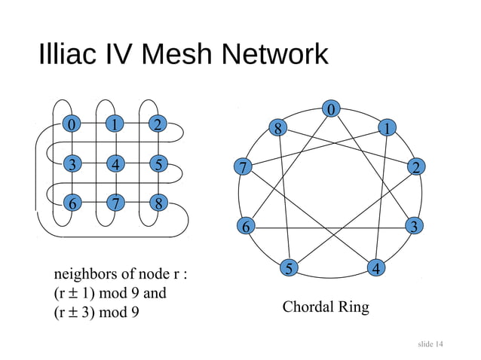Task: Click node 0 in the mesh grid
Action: click(72, 124)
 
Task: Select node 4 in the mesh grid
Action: click(115, 163)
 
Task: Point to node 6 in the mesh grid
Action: click(72, 203)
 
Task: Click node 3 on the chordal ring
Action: click(413, 225)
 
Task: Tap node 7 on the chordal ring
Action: click(241, 168)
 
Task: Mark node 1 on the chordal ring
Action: click(387, 129)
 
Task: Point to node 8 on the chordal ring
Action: click(278, 129)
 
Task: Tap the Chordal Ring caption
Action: click(326, 307)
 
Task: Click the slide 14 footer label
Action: click(430, 344)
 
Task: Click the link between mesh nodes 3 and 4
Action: click(93, 163)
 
